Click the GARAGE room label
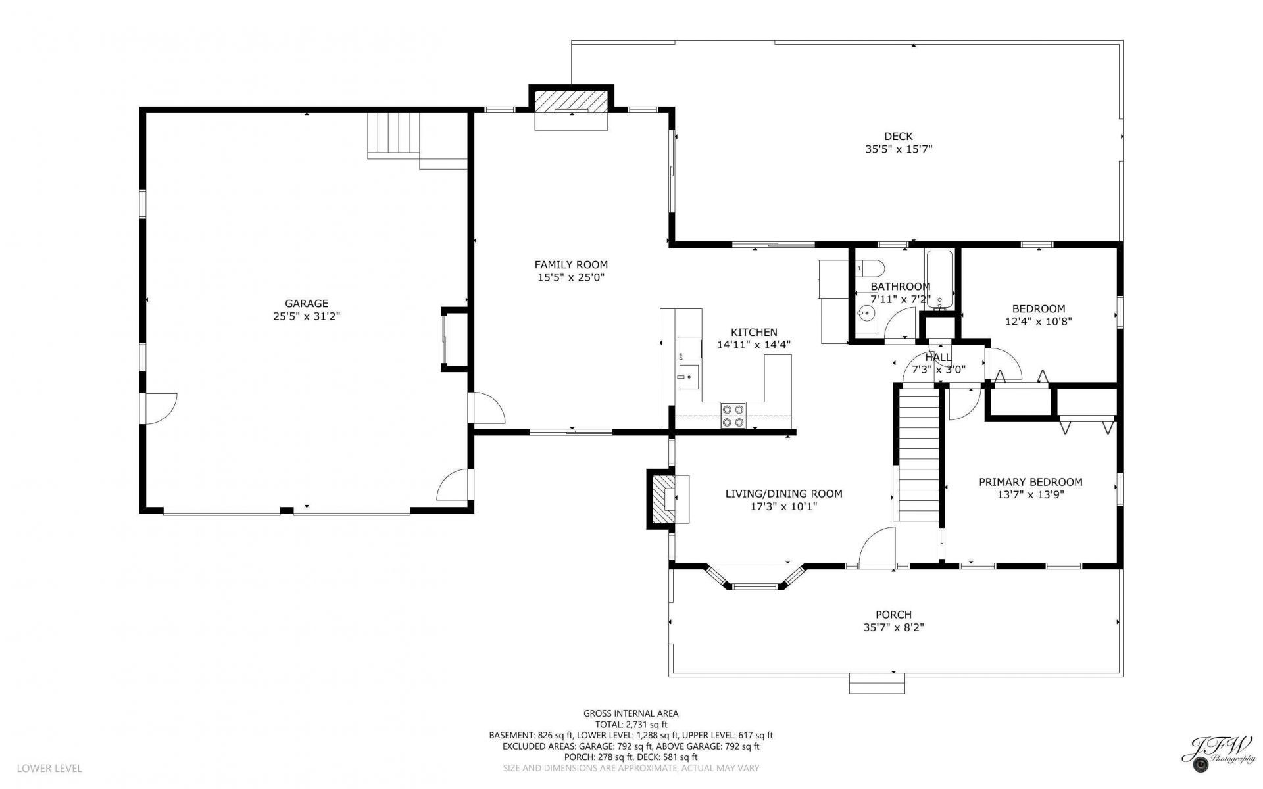point(307,304)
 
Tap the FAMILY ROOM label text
point(571,265)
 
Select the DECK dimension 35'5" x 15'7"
point(899,149)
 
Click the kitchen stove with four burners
point(733,415)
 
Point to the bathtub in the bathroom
point(939,280)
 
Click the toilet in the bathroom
point(869,268)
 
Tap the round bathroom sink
point(866,314)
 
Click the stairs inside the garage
point(393,135)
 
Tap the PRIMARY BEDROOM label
point(1030,482)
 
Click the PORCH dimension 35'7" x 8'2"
point(893,627)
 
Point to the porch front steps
point(877,683)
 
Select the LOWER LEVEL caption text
point(49,768)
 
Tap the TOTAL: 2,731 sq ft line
point(631,724)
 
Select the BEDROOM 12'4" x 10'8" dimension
point(1039,322)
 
